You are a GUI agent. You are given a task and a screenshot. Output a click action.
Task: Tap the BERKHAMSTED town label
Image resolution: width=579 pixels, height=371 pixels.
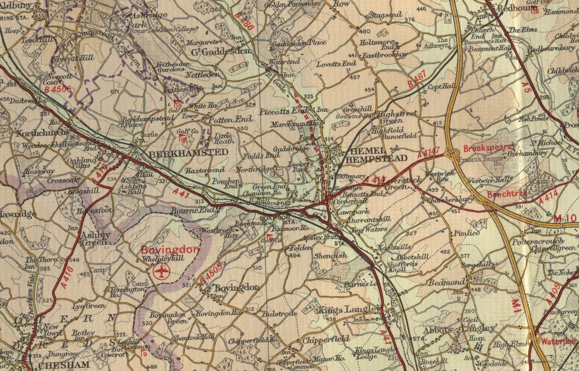(x=188, y=152)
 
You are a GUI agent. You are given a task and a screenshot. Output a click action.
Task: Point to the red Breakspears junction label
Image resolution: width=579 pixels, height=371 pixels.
(x=487, y=148)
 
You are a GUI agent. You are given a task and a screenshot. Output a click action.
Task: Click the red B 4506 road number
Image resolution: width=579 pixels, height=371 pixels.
(x=58, y=90)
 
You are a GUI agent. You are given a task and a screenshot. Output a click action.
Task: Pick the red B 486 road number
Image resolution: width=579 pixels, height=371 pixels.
(x=244, y=21)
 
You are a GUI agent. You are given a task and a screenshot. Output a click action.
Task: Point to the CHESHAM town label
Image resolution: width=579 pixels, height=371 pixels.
(x=64, y=365)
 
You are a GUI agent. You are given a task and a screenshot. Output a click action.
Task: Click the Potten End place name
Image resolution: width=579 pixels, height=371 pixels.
(x=230, y=120)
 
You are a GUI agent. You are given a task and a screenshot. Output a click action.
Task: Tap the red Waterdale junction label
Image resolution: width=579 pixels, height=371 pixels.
(x=559, y=341)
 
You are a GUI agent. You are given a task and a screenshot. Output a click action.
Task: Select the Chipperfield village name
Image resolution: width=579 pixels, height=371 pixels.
(x=326, y=339)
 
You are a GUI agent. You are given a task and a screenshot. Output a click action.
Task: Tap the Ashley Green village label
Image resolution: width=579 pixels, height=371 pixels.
(x=95, y=238)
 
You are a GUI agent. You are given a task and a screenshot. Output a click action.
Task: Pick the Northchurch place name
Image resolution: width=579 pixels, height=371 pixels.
(x=42, y=133)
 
